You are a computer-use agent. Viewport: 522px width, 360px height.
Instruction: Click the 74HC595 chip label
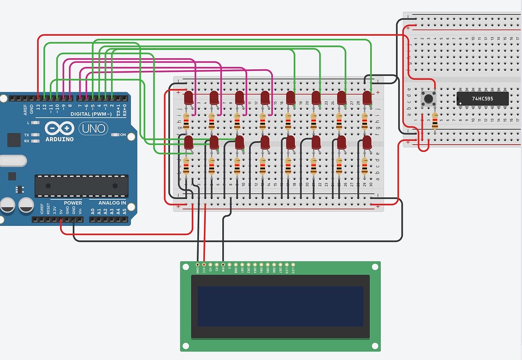tap(482, 98)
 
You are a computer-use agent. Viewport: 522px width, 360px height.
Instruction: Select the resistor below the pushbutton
tap(435, 121)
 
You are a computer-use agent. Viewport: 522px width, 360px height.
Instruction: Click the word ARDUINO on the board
tap(60, 139)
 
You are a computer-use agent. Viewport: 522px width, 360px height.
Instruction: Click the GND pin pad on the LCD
tap(197, 265)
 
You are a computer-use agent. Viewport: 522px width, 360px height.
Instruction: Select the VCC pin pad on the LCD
tap(204, 265)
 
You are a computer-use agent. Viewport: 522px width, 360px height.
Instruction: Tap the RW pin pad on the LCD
tap(223, 265)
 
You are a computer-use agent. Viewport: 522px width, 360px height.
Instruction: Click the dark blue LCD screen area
tap(280, 306)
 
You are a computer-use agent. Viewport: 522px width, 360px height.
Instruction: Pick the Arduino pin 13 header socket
tap(39, 97)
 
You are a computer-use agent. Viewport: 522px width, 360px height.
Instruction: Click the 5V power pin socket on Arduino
tap(61, 220)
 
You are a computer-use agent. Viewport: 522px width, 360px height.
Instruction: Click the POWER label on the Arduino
tap(73, 203)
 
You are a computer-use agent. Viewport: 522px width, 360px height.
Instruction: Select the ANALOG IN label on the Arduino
tap(109, 203)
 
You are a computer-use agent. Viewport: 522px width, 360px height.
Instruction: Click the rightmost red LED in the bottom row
tap(367, 142)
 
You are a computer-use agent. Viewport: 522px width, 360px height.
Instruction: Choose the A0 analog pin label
tap(93, 211)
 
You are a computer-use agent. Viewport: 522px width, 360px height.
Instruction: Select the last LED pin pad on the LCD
tap(293, 265)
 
